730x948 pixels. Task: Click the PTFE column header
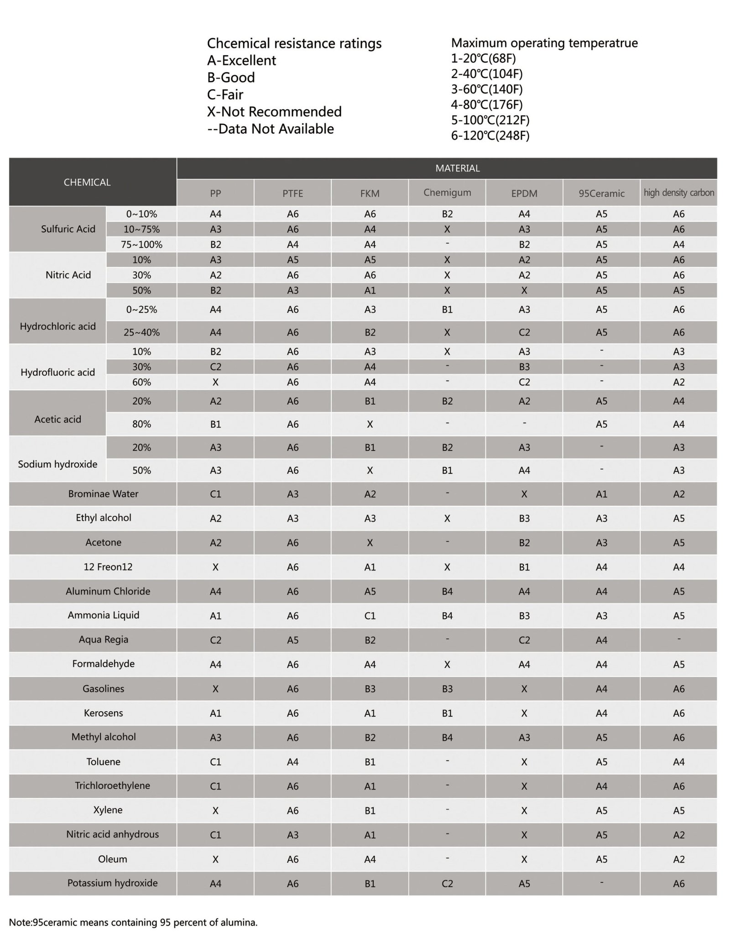pos(292,193)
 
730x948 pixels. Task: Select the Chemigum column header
pos(447,193)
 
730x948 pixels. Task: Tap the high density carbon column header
pos(678,193)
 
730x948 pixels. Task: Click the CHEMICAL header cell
pos(87,182)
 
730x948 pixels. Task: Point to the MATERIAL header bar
pos(457,168)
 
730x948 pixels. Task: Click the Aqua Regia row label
pos(103,639)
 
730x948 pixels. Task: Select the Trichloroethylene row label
pos(112,786)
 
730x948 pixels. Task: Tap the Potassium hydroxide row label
pos(112,883)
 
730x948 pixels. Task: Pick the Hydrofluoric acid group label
pos(57,372)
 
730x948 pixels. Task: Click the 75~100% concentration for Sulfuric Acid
pos(141,245)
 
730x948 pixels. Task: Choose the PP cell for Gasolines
pos(215,689)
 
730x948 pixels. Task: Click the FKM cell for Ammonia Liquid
pos(370,616)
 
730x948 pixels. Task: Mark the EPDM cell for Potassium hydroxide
pos(524,884)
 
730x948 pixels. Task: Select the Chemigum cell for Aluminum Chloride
pos(447,592)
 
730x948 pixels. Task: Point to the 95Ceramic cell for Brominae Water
pos(601,494)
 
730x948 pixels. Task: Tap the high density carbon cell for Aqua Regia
pos(678,639)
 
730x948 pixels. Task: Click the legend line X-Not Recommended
pos(274,112)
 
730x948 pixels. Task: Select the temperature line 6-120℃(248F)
pos(490,136)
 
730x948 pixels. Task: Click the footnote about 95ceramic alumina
pos(133,922)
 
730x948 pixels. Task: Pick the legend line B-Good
pos(231,78)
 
